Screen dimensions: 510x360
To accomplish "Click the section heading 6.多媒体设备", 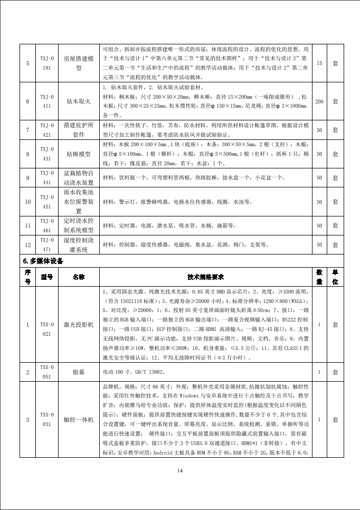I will click(43, 261).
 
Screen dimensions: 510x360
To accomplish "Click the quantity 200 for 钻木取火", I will click(319, 101).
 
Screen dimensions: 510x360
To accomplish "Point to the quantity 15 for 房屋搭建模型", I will click(319, 63).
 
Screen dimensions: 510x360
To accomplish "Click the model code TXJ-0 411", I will click(47, 101).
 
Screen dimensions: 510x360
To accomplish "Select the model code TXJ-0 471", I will click(47, 244).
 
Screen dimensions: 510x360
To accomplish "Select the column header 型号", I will click(47, 277).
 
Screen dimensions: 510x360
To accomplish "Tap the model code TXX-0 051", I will click(47, 372).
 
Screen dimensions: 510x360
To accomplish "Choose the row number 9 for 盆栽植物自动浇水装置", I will click(28, 178).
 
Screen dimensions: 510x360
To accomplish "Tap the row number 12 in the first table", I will click(28, 244).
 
